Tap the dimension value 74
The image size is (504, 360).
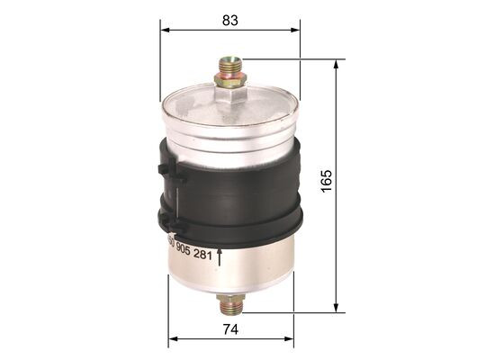point(231,329)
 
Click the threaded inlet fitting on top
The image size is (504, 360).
point(230,67)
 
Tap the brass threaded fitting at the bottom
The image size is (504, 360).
point(231,303)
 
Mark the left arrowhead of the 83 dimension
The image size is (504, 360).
point(166,29)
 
